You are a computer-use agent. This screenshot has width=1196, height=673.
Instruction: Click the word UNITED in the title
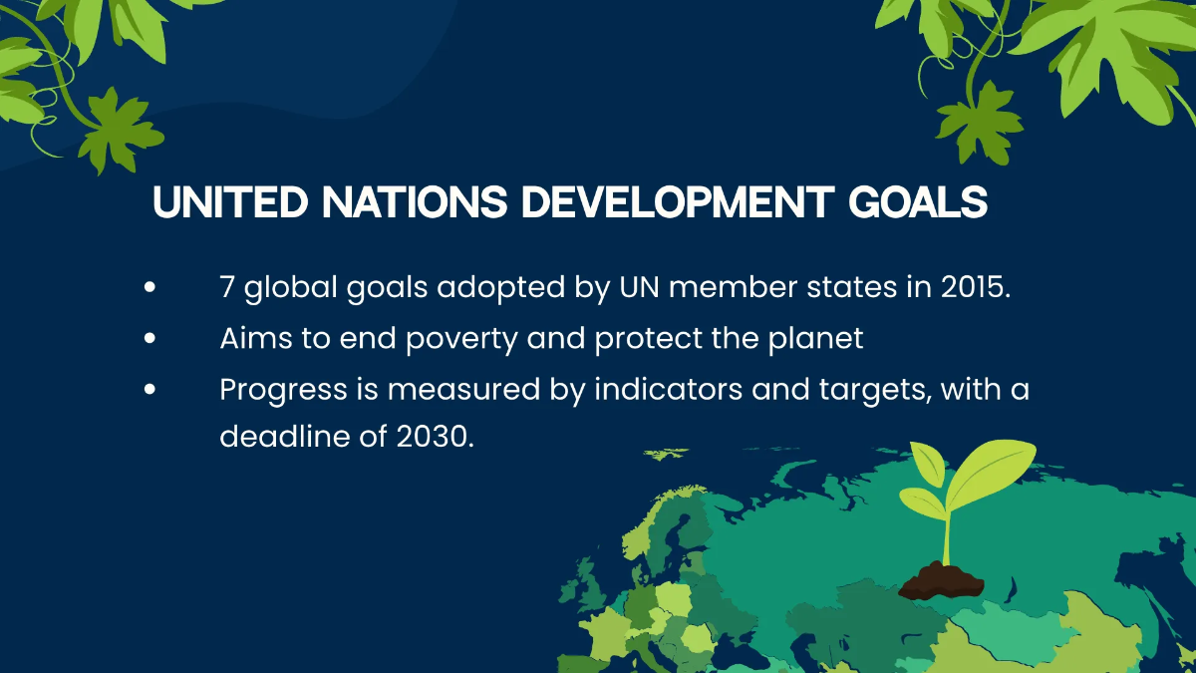pyautogui.click(x=230, y=201)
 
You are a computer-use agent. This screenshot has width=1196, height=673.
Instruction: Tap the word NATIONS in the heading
pyautogui.click(x=415, y=201)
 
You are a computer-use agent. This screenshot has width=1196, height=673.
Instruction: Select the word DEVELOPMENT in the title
pyautogui.click(x=678, y=201)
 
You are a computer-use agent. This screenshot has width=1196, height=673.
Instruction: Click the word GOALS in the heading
pyautogui.click(x=918, y=201)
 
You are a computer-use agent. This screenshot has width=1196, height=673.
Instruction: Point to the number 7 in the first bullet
pyautogui.click(x=227, y=287)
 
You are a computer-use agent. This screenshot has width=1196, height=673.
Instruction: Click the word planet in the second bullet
pyautogui.click(x=816, y=339)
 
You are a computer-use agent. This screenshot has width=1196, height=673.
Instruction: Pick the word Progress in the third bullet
pyautogui.click(x=283, y=391)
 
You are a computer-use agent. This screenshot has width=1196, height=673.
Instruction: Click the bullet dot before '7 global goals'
pyautogui.click(x=149, y=287)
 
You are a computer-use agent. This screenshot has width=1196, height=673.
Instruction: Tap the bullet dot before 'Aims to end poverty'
pyautogui.click(x=149, y=338)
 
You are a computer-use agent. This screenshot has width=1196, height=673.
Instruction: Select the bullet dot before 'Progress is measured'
pyautogui.click(x=149, y=389)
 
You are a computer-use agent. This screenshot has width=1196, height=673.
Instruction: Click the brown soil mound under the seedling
pyautogui.click(x=941, y=581)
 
